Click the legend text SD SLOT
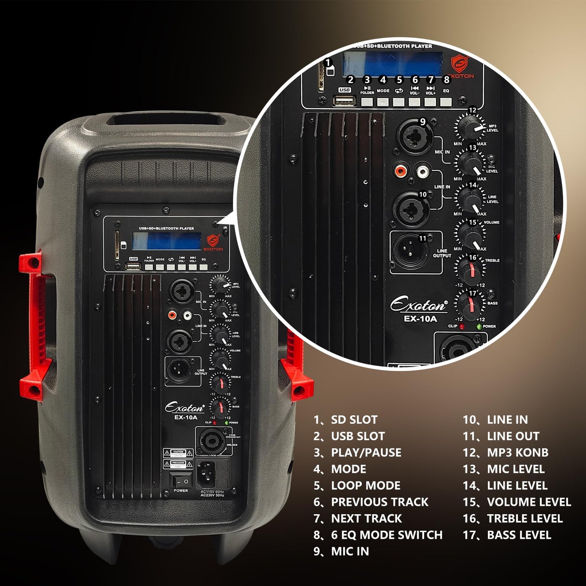tap(354, 420)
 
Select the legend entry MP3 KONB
tap(517, 453)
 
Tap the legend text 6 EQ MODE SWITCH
tap(386, 535)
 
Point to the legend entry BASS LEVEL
tap(519, 535)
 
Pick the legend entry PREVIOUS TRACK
tap(380, 502)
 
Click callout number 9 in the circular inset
tap(423, 122)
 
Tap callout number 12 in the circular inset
tap(472, 110)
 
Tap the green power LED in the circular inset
tap(479, 326)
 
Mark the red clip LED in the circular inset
tap(462, 326)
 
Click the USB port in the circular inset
tap(344, 100)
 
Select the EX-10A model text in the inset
tap(420, 319)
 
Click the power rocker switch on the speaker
tap(181, 481)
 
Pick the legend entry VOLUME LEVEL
tap(529, 502)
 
